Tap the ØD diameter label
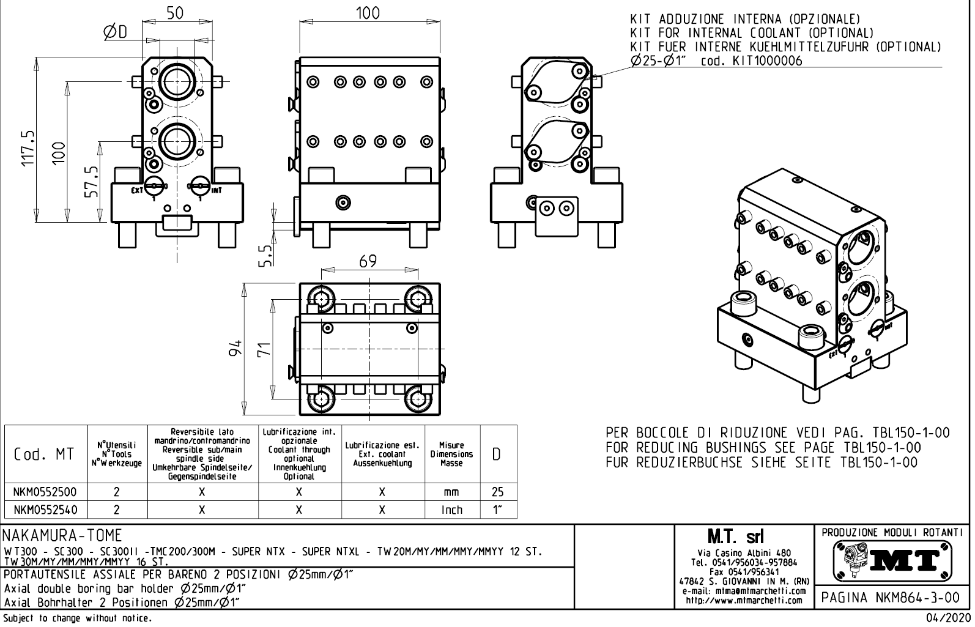click(x=116, y=32)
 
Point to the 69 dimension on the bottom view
click(x=368, y=261)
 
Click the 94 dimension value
click(x=235, y=347)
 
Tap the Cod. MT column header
click(x=44, y=454)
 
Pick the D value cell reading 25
click(x=497, y=492)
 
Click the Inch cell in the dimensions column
click(x=452, y=510)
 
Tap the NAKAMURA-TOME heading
click(x=63, y=535)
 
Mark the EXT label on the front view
click(x=136, y=190)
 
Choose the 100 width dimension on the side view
click(x=368, y=13)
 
